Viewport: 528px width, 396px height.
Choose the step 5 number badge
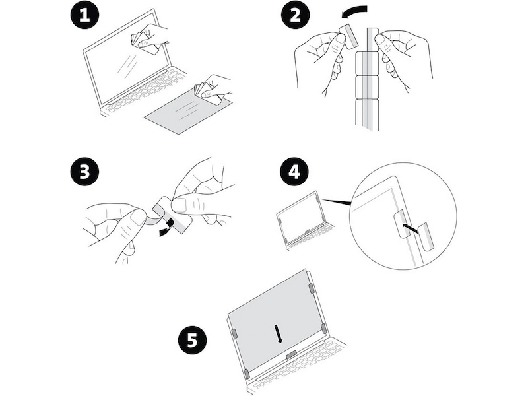tap(191, 341)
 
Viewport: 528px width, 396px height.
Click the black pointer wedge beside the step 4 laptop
tap(344, 199)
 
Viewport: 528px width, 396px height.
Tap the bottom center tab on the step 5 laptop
tap(290, 355)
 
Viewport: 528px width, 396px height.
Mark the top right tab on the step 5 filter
tap(311, 288)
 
